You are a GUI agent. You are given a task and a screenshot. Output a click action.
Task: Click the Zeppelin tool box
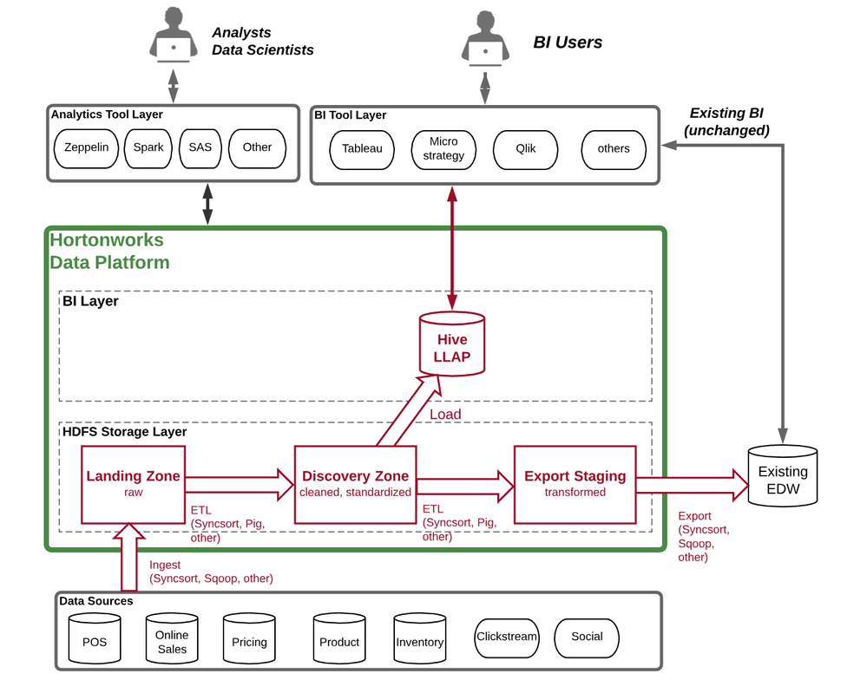pyautogui.click(x=86, y=148)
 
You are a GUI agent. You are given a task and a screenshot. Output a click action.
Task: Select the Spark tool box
pyautogui.click(x=148, y=148)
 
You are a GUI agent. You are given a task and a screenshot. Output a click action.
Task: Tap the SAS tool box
pyautogui.click(x=200, y=148)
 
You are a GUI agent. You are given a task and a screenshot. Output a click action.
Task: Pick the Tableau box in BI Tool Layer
pyautogui.click(x=362, y=149)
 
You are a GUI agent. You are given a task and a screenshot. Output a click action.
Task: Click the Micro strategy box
pyautogui.click(x=443, y=149)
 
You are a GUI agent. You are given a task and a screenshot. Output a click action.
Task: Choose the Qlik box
pyautogui.click(x=525, y=149)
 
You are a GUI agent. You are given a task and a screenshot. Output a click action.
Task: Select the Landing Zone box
pyautogui.click(x=133, y=484)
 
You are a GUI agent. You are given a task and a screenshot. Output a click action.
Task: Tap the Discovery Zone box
pyautogui.click(x=355, y=484)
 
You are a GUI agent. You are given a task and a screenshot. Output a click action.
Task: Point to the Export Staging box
pyautogui.click(x=575, y=484)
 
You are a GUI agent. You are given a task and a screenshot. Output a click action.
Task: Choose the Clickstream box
pyautogui.click(x=507, y=637)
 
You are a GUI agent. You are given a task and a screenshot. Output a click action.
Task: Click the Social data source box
pyautogui.click(x=587, y=637)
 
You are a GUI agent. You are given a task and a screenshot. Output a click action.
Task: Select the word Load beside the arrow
pyautogui.click(x=445, y=415)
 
